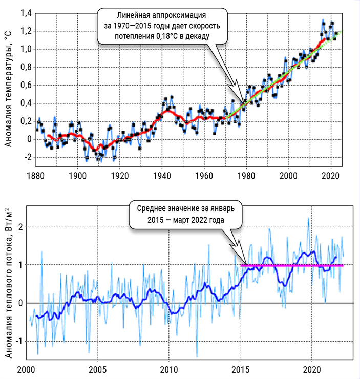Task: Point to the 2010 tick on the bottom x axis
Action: click(x=169, y=369)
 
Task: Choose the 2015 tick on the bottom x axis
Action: click(x=241, y=369)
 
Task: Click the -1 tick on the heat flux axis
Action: click(x=18, y=341)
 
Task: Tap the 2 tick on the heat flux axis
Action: click(x=20, y=227)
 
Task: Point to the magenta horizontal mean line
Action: click(x=292, y=265)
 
